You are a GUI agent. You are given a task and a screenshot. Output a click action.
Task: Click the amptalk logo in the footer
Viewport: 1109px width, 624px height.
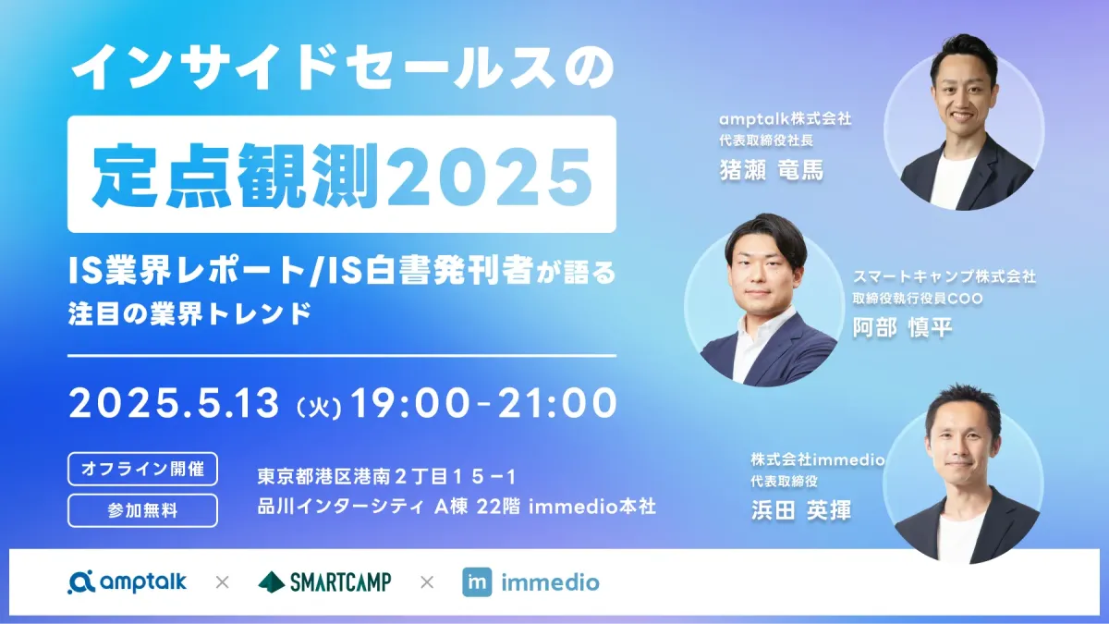[x=128, y=581]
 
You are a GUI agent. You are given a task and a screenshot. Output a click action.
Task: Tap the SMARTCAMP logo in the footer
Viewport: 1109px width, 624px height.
[x=324, y=581]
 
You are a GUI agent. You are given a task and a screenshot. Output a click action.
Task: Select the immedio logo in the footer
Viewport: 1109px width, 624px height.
[x=530, y=582]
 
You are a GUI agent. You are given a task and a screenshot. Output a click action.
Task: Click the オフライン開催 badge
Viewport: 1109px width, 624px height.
[x=142, y=469]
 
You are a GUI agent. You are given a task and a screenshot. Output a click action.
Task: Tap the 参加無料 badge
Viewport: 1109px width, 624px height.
[x=142, y=510]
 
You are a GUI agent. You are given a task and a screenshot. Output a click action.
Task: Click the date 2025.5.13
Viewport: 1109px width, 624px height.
[x=175, y=403]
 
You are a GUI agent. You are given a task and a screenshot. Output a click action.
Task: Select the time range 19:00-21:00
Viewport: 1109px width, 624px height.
[x=483, y=403]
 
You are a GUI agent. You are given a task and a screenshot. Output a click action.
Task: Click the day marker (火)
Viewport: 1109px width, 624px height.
[x=318, y=409]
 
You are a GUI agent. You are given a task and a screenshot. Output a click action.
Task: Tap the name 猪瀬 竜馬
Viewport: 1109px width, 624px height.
[x=772, y=170]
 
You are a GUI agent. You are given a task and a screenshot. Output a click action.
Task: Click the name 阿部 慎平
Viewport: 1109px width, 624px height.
[x=902, y=327]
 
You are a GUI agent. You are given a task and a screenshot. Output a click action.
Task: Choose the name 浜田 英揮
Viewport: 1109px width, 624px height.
[x=801, y=510]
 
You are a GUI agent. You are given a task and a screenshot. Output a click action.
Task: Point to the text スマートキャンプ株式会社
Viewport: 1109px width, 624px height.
[x=944, y=276]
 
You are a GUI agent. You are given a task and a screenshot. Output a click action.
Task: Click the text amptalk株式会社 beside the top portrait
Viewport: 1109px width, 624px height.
[x=786, y=119]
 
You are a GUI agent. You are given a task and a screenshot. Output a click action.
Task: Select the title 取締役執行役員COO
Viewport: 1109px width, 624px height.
[x=918, y=298]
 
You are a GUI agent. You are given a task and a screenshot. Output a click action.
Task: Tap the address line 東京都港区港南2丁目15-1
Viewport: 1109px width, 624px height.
[x=386, y=477]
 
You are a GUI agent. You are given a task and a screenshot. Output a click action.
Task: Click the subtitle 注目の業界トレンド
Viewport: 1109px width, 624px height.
[x=190, y=313]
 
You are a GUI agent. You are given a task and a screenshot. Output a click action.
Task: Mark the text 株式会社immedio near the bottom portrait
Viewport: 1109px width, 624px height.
[x=818, y=459]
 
